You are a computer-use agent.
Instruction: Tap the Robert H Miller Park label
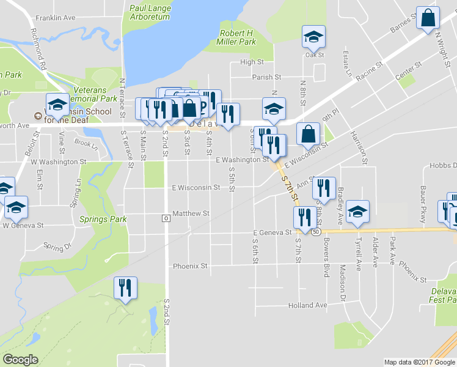tap(236, 37)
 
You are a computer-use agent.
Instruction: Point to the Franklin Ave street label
tap(56, 18)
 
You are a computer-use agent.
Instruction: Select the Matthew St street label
tap(191, 213)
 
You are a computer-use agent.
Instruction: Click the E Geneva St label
tap(272, 232)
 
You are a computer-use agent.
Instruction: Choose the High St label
tap(252, 62)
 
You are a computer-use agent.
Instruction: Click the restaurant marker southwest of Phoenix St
tap(125, 289)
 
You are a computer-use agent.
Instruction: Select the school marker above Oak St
tap(313, 38)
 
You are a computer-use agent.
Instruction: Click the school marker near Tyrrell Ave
tap(357, 212)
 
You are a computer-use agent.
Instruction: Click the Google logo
tap(20, 360)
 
